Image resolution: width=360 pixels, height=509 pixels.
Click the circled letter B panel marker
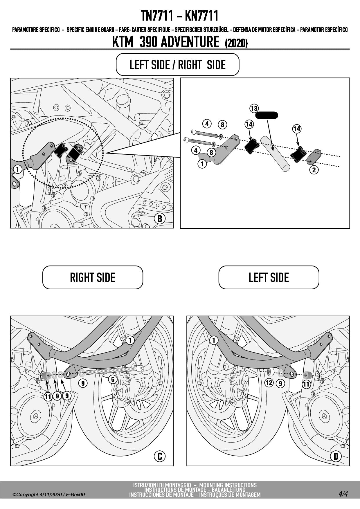[x=159, y=218]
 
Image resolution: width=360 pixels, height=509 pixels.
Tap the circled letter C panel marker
[x=159, y=456]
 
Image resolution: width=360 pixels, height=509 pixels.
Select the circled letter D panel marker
[x=336, y=456]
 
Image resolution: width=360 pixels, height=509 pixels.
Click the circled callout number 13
[x=254, y=109]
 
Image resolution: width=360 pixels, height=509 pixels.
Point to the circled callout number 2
[x=314, y=170]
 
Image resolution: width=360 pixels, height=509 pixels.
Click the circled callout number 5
[x=113, y=379]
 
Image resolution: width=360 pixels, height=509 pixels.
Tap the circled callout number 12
[x=269, y=383]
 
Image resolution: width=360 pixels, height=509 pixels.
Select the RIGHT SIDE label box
[x=93, y=277]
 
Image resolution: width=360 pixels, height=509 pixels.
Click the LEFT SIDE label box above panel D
[x=269, y=277]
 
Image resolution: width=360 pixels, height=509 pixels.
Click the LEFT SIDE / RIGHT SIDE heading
[x=177, y=65]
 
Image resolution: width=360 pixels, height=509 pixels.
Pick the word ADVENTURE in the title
[x=190, y=42]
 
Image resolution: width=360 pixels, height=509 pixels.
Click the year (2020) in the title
[x=236, y=44]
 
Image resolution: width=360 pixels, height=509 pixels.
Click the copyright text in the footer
[x=49, y=494]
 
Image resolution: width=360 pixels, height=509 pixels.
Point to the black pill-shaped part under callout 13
[x=267, y=115]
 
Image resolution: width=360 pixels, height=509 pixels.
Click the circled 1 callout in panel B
[x=18, y=169]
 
